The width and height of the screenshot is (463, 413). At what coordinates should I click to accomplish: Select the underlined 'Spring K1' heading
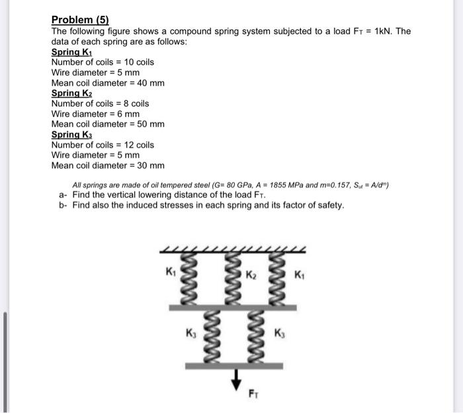[71, 52]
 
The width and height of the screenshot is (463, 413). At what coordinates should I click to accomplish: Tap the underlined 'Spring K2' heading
[71, 93]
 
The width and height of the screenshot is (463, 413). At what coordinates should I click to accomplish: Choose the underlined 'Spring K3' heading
[71, 134]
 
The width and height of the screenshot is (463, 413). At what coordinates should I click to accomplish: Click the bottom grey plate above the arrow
[233, 365]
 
